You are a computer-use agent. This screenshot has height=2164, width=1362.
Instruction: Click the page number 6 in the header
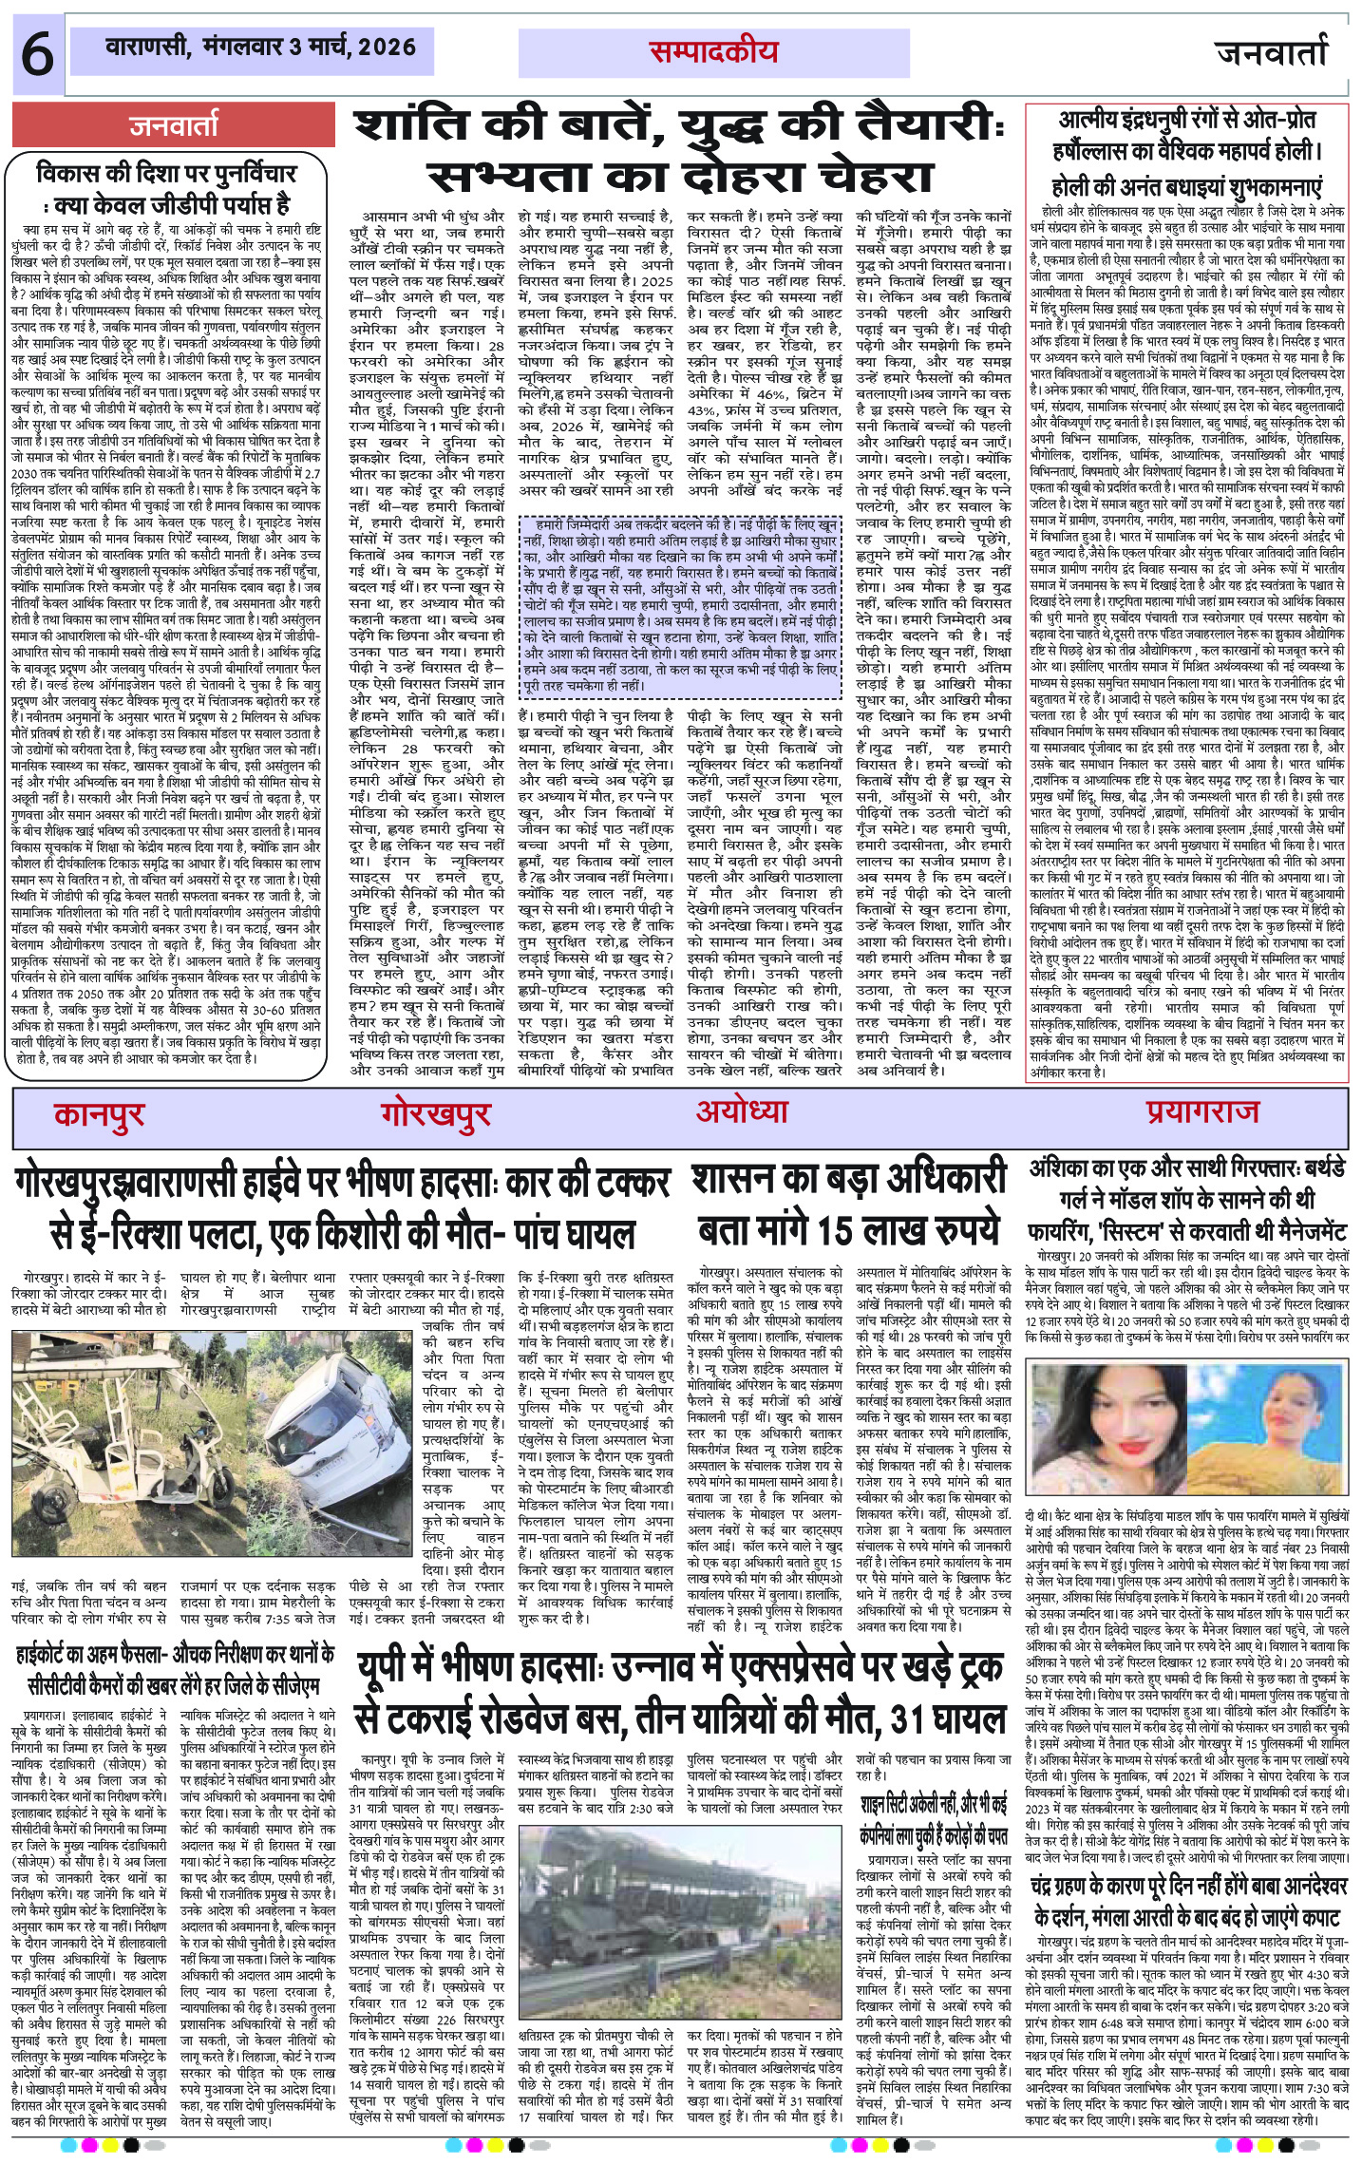tap(37, 55)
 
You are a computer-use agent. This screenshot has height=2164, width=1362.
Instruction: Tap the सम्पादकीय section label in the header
tap(713, 53)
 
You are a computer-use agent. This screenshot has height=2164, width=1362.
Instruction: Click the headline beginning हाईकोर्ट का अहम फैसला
tap(174, 1657)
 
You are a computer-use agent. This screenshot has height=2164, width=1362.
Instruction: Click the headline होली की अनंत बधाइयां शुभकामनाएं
tap(1186, 185)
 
